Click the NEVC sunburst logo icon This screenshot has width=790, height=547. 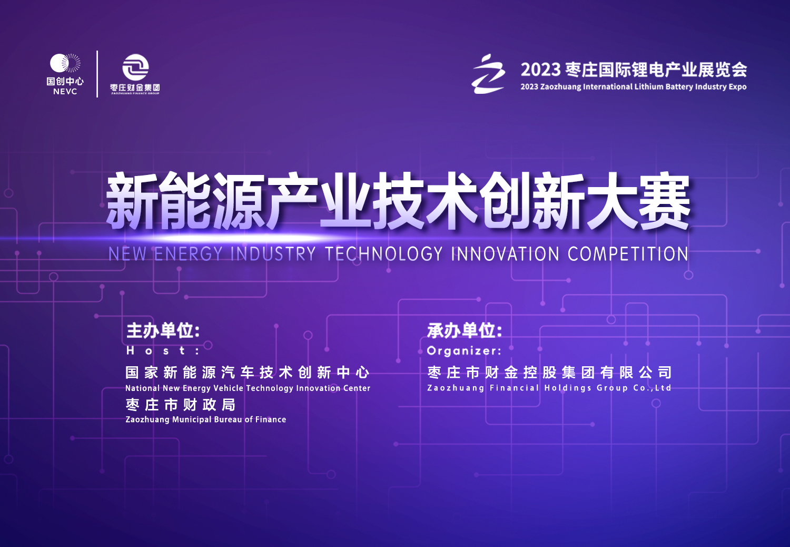coord(65,63)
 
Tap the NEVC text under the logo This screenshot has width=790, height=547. coord(65,91)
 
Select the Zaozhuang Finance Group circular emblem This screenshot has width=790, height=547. coord(135,67)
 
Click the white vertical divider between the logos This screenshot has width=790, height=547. coord(97,74)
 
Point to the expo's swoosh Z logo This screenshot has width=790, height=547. coord(488,74)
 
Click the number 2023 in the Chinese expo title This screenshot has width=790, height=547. coord(540,70)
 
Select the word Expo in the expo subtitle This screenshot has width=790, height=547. coord(737,87)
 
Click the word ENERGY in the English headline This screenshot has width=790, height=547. coord(189,253)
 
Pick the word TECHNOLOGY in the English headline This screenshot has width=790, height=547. coord(384,253)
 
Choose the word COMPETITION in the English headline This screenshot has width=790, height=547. coord(628,253)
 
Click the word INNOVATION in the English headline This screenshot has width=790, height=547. coord(505,253)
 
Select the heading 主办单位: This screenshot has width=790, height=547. coord(163,330)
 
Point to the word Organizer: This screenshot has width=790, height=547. coord(464,351)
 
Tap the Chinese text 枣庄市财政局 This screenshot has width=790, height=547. coord(181,405)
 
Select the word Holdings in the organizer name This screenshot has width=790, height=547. coord(568,388)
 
